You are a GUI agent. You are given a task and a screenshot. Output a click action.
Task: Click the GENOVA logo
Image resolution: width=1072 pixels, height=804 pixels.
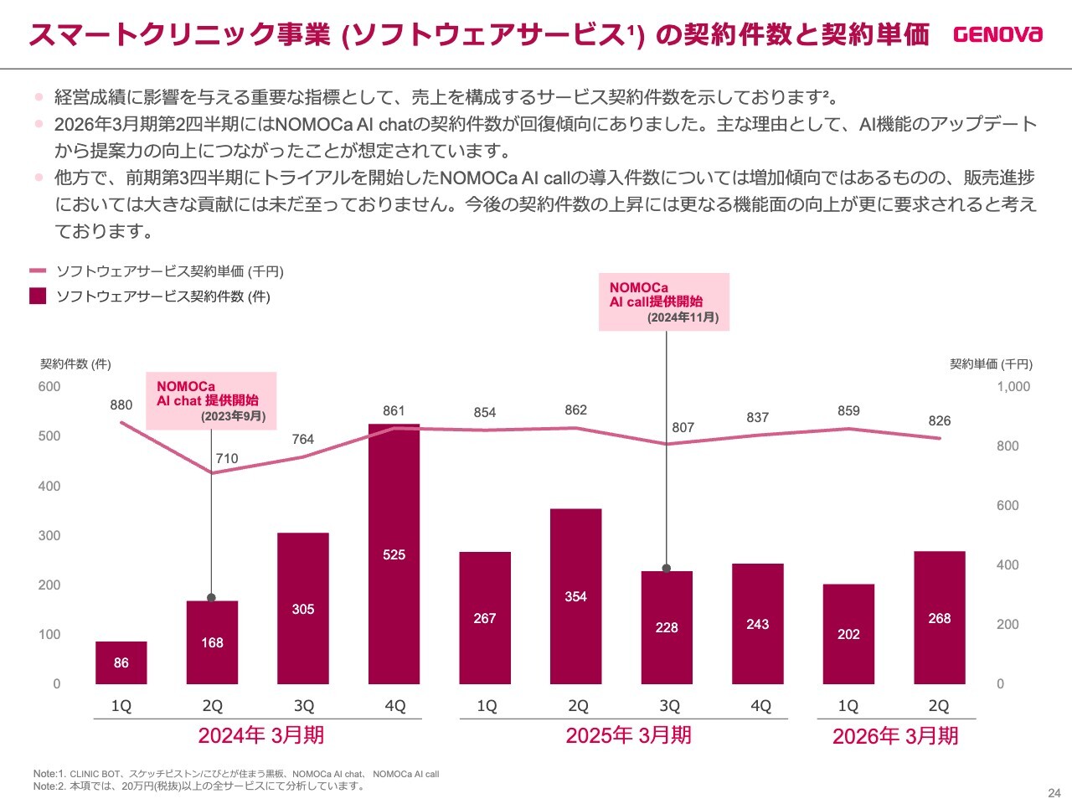tap(997, 34)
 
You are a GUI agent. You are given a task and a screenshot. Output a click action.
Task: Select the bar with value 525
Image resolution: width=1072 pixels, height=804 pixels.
tap(394, 554)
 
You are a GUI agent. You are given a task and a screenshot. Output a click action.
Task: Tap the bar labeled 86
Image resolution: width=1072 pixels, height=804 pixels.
tap(121, 662)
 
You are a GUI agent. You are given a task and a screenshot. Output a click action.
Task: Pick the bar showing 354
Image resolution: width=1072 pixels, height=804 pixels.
tap(575, 595)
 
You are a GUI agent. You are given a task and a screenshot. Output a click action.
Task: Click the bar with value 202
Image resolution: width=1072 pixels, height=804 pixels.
tap(848, 634)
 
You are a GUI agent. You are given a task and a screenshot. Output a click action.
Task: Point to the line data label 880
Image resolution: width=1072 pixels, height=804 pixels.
tap(121, 405)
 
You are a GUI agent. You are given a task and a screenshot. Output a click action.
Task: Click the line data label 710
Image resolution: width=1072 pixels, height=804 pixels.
tap(227, 459)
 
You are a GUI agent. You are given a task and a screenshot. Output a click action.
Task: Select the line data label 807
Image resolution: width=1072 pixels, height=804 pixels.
tap(683, 428)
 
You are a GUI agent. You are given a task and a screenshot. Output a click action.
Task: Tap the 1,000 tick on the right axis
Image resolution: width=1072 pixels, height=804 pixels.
tap(1013, 387)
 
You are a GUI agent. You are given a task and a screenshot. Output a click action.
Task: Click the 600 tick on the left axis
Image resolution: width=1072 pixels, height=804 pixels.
tap(49, 387)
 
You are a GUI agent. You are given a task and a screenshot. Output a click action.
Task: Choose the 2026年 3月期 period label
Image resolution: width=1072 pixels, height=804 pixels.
tap(895, 736)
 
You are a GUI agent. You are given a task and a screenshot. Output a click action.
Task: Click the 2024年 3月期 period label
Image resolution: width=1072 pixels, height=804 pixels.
tap(260, 736)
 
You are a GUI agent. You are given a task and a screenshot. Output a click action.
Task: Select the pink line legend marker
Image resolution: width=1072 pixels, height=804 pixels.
tap(38, 271)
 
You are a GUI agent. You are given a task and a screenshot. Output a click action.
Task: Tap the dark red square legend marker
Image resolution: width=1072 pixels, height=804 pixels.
tap(38, 296)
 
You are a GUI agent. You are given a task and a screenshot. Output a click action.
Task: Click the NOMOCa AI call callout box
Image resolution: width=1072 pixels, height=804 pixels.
tap(664, 301)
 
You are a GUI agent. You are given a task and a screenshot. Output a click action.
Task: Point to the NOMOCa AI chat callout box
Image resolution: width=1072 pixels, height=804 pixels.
tap(211, 401)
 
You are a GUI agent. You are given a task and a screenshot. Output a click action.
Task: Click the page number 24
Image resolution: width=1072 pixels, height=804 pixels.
tap(1054, 793)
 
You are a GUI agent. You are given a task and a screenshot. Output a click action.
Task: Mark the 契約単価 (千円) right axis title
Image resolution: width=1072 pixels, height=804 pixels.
tap(991, 364)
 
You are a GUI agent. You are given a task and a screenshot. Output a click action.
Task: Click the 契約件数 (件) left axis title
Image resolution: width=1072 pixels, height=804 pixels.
tap(75, 364)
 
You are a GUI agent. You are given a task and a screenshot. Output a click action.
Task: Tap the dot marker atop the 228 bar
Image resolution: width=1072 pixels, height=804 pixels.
tap(667, 569)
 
